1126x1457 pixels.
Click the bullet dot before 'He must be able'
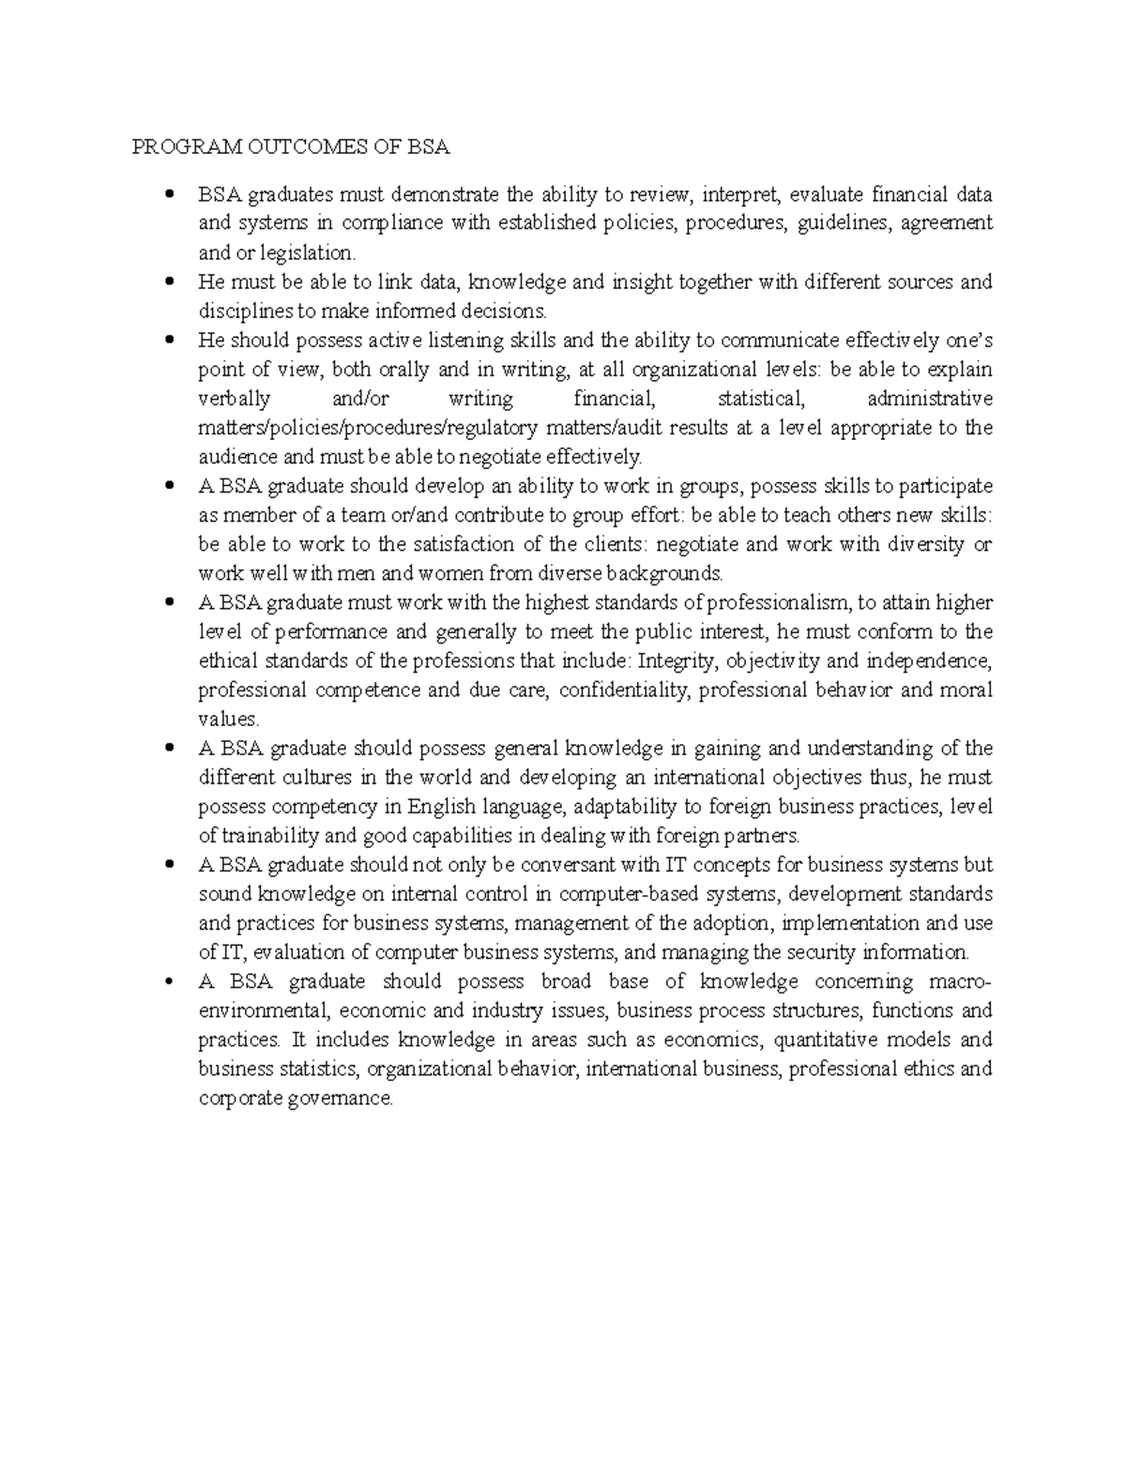[169, 281]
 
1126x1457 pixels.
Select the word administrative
[929, 399]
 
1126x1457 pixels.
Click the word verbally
[235, 399]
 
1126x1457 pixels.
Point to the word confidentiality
[626, 690]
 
